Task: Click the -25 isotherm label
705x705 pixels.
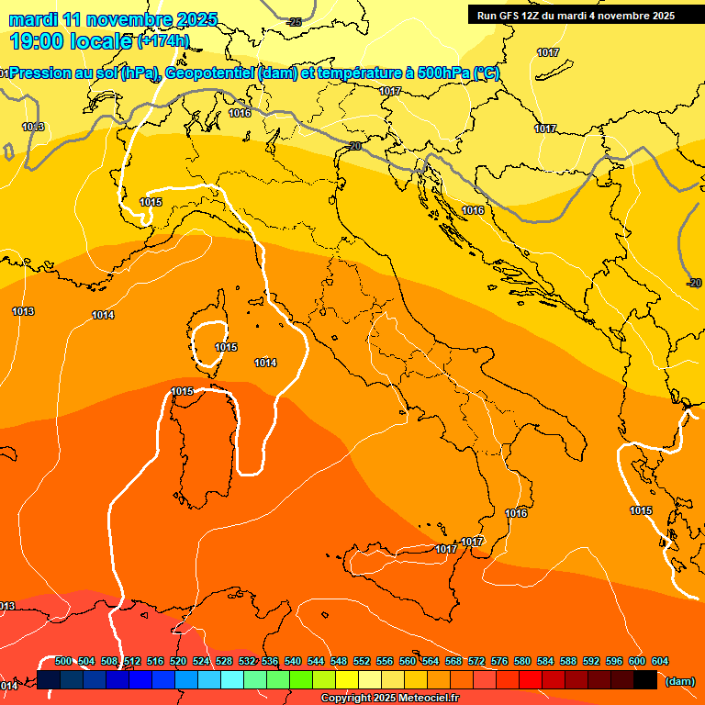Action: click(x=294, y=22)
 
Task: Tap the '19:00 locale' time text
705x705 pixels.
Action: click(x=70, y=40)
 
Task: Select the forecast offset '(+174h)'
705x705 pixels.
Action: click(x=163, y=41)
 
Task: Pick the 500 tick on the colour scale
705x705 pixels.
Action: click(x=63, y=662)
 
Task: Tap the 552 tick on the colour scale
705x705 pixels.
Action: click(x=362, y=662)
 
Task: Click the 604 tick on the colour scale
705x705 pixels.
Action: click(x=660, y=662)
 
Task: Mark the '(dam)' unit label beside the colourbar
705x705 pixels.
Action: click(x=679, y=681)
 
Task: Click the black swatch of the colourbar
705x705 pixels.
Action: click(x=645, y=680)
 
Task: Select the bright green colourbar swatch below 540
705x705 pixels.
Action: click(x=301, y=680)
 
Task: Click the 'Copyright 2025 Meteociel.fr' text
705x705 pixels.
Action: click(x=389, y=698)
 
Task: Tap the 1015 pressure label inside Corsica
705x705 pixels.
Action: click(x=226, y=348)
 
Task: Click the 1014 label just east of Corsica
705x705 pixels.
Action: click(x=265, y=364)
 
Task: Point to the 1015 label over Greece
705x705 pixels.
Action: click(x=641, y=511)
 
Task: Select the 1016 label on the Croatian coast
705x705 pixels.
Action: click(x=473, y=211)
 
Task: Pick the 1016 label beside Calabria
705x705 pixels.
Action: click(x=517, y=514)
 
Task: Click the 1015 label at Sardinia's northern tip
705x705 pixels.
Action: click(x=182, y=392)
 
